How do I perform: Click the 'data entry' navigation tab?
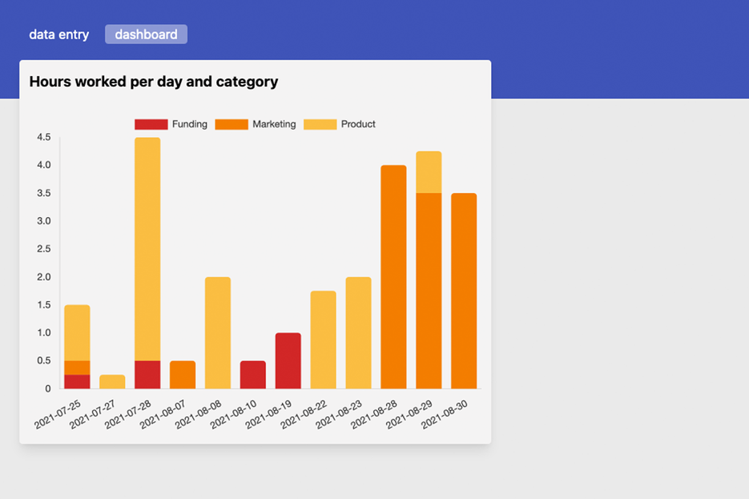click(x=58, y=34)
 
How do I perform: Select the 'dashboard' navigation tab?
click(x=146, y=34)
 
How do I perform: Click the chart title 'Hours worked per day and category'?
click(x=154, y=82)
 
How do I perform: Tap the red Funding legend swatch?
click(x=151, y=124)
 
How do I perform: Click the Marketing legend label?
click(x=274, y=124)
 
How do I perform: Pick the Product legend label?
click(x=358, y=124)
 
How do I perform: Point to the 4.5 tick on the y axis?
click(x=43, y=138)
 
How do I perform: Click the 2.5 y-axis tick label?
click(x=43, y=249)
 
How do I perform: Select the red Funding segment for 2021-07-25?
click(x=77, y=381)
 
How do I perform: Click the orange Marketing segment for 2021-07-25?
click(x=77, y=368)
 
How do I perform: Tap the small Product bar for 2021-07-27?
click(x=112, y=381)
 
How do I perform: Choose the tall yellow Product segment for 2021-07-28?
click(x=147, y=248)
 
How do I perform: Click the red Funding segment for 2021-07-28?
click(x=147, y=374)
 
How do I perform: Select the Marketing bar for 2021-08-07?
click(x=183, y=374)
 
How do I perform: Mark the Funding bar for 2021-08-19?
click(x=288, y=360)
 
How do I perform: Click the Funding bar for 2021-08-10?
click(x=253, y=374)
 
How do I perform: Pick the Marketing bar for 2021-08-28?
click(x=393, y=276)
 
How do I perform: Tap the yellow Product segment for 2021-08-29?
click(x=429, y=171)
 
